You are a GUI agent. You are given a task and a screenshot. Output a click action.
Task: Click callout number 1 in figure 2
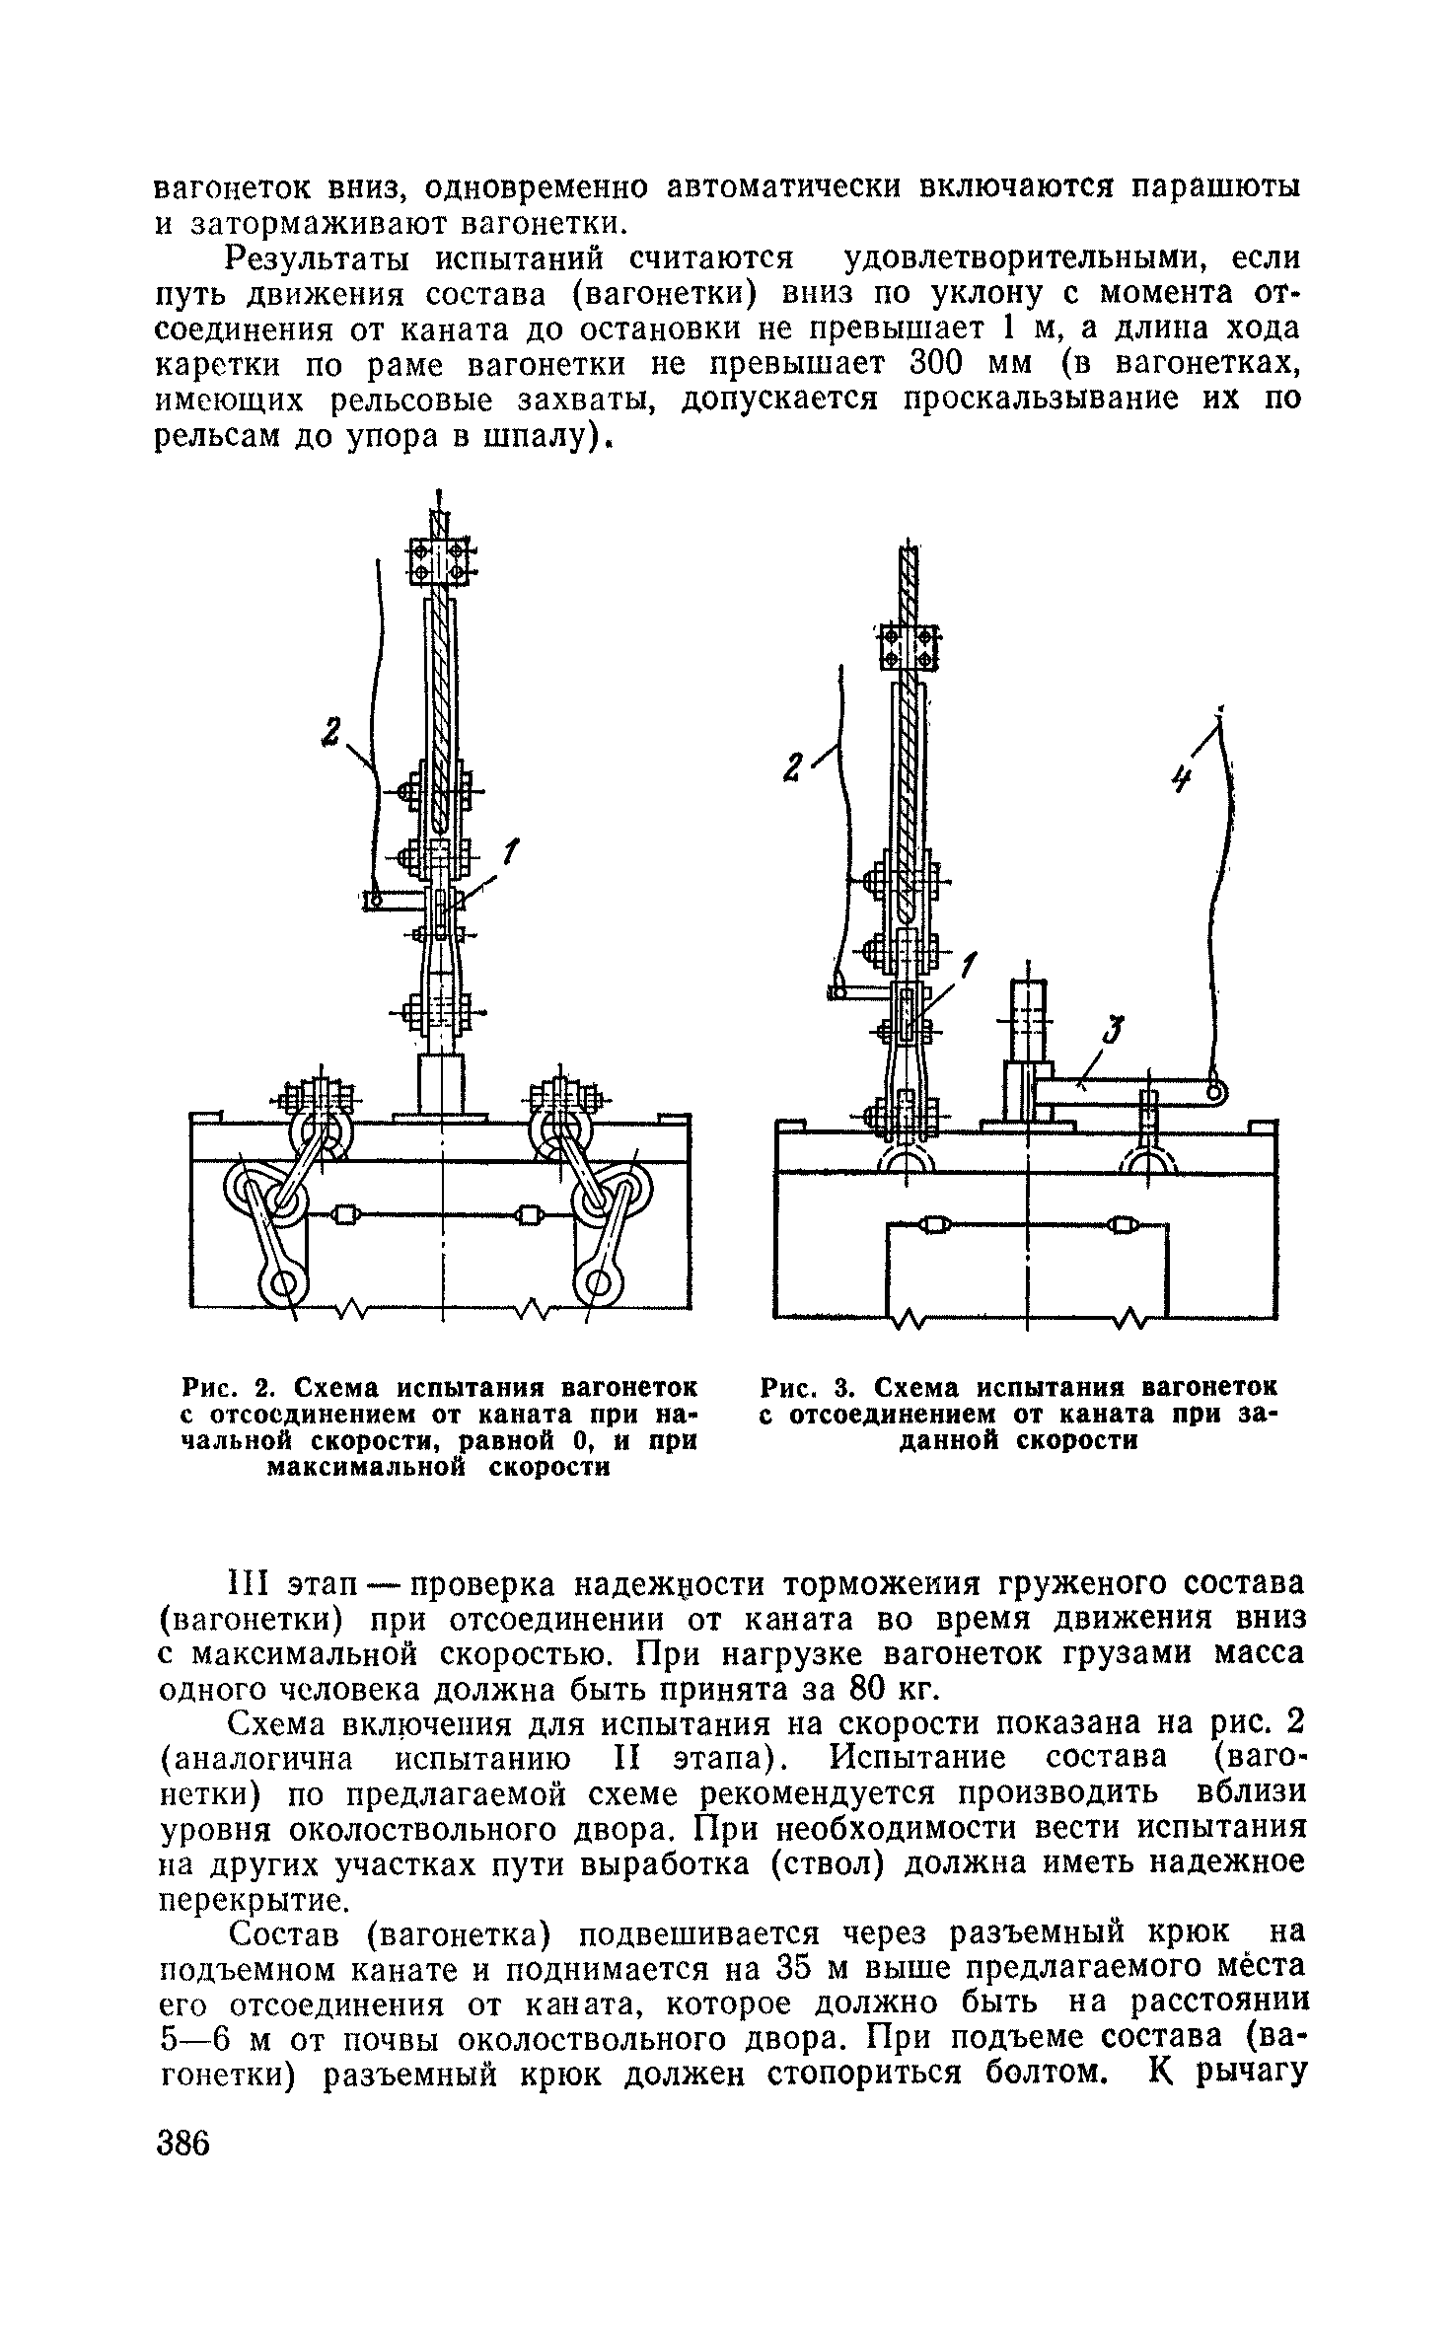(511, 850)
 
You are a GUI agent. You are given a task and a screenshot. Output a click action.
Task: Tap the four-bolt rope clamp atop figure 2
(440, 561)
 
